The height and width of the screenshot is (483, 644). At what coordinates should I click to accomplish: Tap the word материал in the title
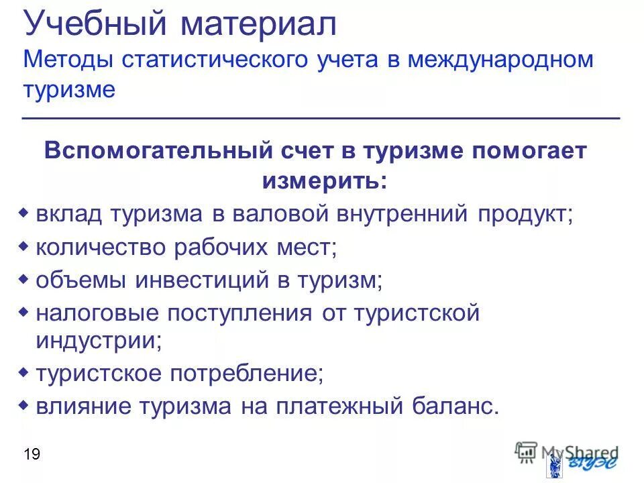coord(258,26)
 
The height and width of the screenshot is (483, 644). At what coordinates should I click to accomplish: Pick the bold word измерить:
coord(324,180)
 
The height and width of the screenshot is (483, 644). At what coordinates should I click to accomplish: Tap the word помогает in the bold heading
coord(531,150)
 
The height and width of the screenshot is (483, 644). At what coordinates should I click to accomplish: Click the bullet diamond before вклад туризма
coord(23,213)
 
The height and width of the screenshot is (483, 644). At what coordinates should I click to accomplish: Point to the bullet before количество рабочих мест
coord(23,247)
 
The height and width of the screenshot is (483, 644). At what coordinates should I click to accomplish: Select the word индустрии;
coord(99,340)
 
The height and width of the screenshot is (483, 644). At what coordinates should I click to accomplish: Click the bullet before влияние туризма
coord(23,405)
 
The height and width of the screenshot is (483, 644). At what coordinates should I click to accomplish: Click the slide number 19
coord(32,455)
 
